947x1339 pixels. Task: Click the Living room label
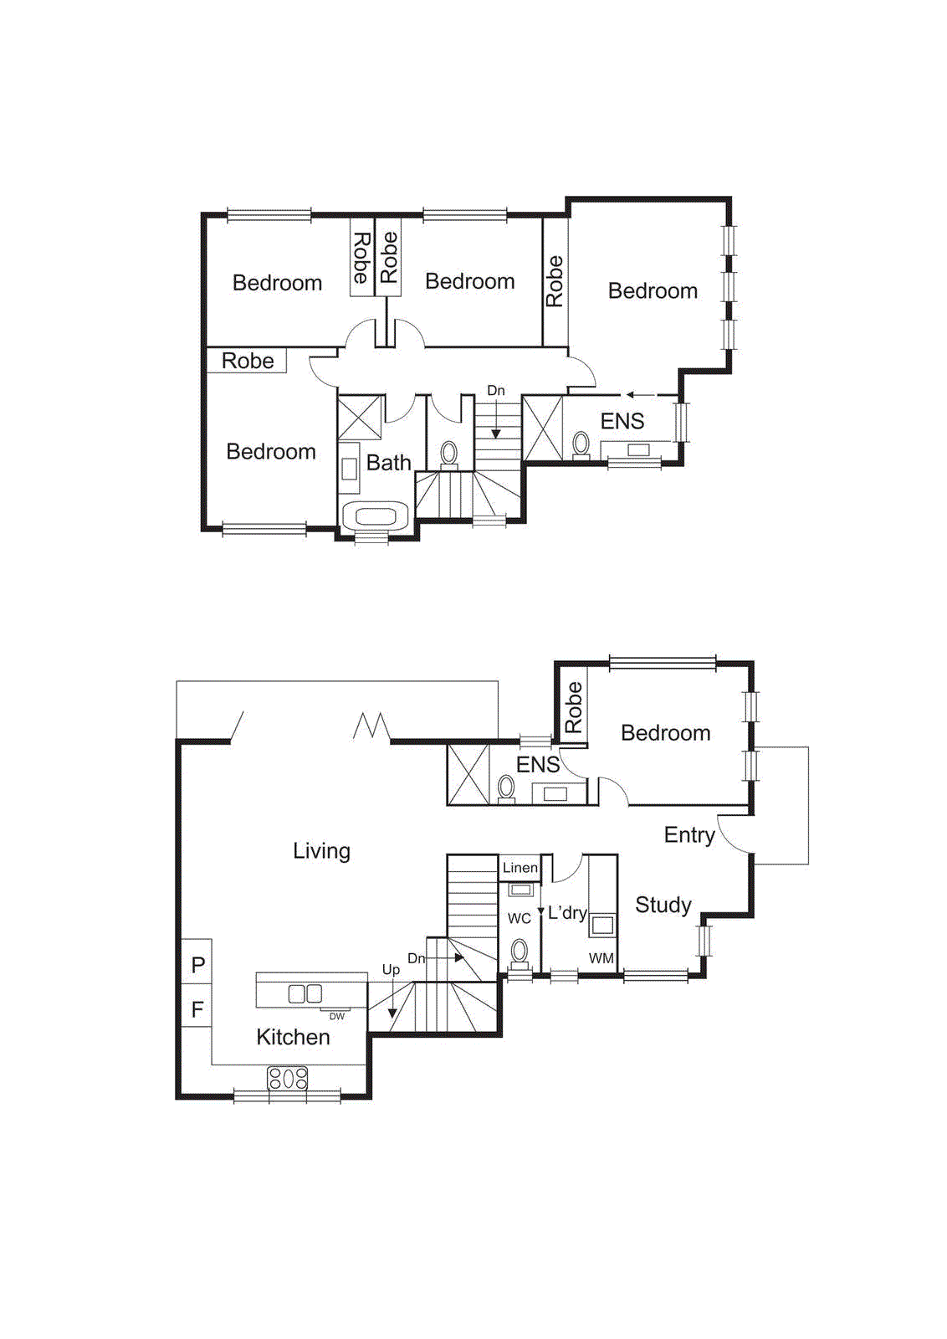[321, 851]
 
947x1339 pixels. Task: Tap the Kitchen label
[293, 1037]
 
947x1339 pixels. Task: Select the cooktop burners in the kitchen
[287, 1078]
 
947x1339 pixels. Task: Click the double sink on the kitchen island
[305, 993]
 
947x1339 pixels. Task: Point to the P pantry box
[197, 964]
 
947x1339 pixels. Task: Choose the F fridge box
[197, 1009]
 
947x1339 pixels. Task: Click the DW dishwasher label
[336, 1016]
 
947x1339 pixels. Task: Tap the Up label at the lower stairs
[391, 969]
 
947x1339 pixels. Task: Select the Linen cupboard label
[520, 868]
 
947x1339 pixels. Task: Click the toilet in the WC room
[520, 952]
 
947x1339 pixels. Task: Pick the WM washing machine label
[601, 958]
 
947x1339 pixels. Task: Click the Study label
[663, 905]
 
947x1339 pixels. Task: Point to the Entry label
[688, 834]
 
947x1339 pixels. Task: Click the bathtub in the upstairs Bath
[376, 516]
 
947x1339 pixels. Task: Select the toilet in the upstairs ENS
[581, 444]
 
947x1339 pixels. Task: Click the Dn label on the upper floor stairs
[495, 390]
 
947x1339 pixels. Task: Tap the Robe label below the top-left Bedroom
[248, 361]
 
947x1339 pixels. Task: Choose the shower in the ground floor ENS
[468, 774]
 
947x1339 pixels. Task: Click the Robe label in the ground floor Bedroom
[573, 707]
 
